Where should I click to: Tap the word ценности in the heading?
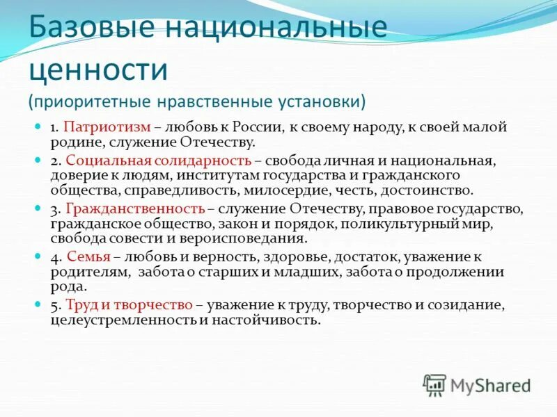point(98,70)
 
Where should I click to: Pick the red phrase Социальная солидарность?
point(158,161)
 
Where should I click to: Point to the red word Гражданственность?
point(134,208)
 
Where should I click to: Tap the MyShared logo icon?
point(434,384)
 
